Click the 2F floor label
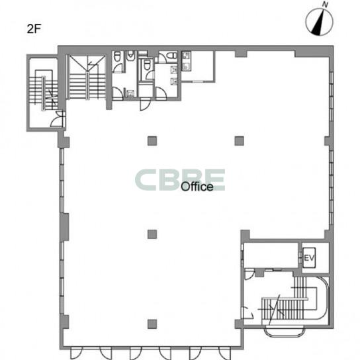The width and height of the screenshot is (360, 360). (34, 29)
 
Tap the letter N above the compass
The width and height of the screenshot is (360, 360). (325, 5)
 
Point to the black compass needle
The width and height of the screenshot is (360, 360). (319, 22)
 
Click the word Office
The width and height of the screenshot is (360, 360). (197, 187)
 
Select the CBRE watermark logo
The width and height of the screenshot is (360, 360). (180, 180)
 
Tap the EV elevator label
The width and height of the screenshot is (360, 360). (309, 258)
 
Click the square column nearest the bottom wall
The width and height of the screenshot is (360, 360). (152, 324)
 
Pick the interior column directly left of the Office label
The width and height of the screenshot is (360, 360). (152, 234)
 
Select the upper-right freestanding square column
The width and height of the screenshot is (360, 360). (240, 141)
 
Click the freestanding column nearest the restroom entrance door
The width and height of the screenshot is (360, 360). (152, 141)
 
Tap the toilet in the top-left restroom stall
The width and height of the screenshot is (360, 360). (117, 56)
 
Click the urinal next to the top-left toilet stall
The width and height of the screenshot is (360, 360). (130, 56)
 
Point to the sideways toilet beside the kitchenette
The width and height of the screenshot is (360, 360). (171, 56)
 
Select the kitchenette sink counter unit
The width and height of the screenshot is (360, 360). (186, 61)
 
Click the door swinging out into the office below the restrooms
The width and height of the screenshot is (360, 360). (145, 105)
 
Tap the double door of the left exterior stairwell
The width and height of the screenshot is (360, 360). (58, 119)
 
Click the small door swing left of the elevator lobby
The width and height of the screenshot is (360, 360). (249, 275)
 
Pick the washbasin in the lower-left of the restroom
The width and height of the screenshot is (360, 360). (130, 93)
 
